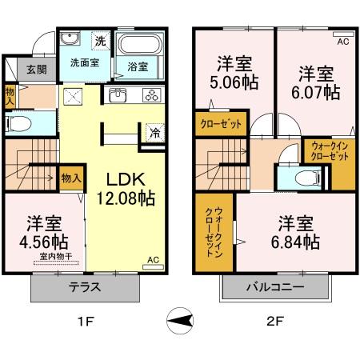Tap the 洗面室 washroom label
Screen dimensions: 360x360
(x=83, y=62)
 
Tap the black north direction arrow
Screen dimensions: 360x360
(x=182, y=322)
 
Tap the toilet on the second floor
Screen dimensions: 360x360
(x=301, y=178)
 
